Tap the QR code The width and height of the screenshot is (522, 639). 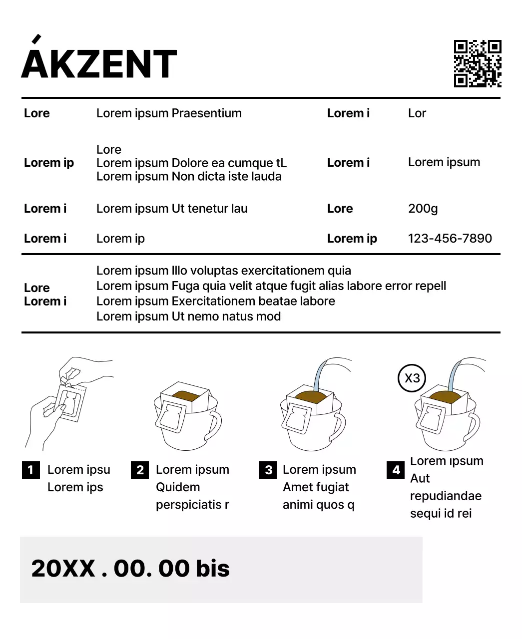coord(477,63)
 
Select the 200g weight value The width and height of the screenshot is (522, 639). coord(423,209)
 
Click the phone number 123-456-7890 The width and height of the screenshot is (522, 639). coord(450,239)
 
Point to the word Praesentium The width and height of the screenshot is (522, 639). coord(206,113)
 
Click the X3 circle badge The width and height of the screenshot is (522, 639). coord(412,378)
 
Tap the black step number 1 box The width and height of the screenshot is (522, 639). coord(31,470)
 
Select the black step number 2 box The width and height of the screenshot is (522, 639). coord(140,470)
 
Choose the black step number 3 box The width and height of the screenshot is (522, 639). coord(268,470)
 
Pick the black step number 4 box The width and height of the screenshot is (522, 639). coord(396,470)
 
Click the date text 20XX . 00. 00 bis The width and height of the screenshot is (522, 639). coord(130,569)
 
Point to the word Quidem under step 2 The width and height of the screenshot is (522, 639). coord(178,487)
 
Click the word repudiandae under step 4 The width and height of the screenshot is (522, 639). coord(446,496)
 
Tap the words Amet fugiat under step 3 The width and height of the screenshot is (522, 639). coord(316,487)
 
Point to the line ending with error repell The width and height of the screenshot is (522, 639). coord(271,286)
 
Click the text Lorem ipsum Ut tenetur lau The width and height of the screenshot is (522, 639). coord(172,209)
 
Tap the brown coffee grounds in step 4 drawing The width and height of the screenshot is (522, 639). coord(444,397)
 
